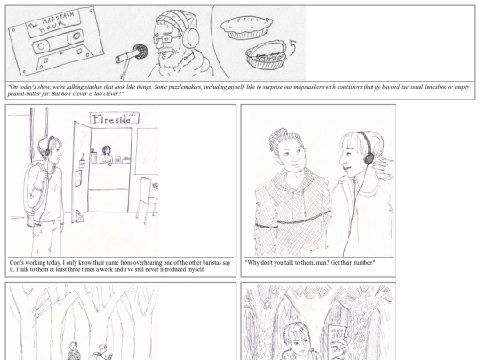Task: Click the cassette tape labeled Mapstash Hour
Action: [x=56, y=41]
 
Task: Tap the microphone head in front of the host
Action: [x=140, y=52]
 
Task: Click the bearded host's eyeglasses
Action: [x=165, y=39]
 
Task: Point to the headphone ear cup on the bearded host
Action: [x=190, y=36]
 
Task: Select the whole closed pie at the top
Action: [x=246, y=28]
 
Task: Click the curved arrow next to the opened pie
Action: [x=292, y=47]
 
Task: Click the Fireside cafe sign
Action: [x=114, y=118]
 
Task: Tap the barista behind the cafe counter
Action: [x=107, y=156]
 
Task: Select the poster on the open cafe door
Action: [x=78, y=178]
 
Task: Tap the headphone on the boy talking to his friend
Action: [x=368, y=156]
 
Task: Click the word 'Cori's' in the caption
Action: [x=17, y=263]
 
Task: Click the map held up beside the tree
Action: [x=337, y=339]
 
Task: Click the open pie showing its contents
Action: [x=267, y=55]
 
